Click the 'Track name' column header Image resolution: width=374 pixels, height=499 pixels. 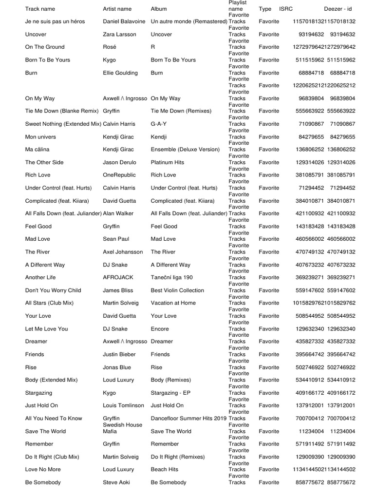(x=40, y=9)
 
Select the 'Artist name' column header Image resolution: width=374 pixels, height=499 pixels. (x=117, y=9)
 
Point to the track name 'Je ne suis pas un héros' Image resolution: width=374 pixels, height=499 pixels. (x=55, y=21)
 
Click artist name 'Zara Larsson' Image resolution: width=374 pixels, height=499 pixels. (x=120, y=35)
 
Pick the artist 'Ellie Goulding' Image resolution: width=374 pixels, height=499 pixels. (x=120, y=73)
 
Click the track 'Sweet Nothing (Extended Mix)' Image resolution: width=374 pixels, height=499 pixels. (x=63, y=124)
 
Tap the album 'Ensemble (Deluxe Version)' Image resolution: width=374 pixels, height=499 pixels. (x=185, y=150)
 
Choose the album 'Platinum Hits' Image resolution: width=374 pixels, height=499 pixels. (x=168, y=162)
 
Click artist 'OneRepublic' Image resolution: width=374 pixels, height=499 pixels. (x=119, y=175)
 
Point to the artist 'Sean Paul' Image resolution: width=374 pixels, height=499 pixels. (x=116, y=239)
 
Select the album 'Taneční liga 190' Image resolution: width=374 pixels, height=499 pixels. (x=172, y=277)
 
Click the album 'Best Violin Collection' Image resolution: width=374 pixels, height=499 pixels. (x=177, y=290)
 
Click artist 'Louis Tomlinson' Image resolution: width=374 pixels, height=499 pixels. (x=124, y=405)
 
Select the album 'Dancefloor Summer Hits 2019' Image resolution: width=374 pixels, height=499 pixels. (x=188, y=418)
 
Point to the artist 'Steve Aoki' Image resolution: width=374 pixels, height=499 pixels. (x=117, y=482)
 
